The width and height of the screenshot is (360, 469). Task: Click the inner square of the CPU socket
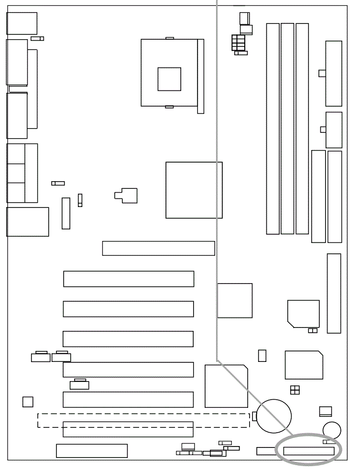pos(169,79)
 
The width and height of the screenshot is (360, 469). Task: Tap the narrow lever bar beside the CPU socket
pos(200,76)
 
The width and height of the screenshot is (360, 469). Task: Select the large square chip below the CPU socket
pos(194,190)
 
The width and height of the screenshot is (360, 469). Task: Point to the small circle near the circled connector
pos(331,429)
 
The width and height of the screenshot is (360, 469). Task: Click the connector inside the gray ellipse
pos(308,451)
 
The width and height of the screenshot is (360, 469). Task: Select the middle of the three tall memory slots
pos(287,129)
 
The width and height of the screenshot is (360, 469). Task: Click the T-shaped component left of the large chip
pos(126,196)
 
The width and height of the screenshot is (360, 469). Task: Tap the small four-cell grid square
pos(295,390)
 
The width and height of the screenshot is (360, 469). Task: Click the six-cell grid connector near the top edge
pos(238,42)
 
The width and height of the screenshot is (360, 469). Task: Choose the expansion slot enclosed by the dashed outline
pos(128,429)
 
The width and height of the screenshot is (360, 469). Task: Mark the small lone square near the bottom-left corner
pos(28,402)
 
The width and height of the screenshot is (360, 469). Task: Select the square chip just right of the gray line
pos(235,300)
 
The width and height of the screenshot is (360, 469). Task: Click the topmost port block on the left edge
pos(22,23)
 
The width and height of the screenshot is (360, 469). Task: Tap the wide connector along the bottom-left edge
pos(92,451)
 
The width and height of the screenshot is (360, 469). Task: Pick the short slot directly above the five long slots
pos(158,248)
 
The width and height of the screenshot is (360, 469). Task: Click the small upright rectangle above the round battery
pos(262,356)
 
